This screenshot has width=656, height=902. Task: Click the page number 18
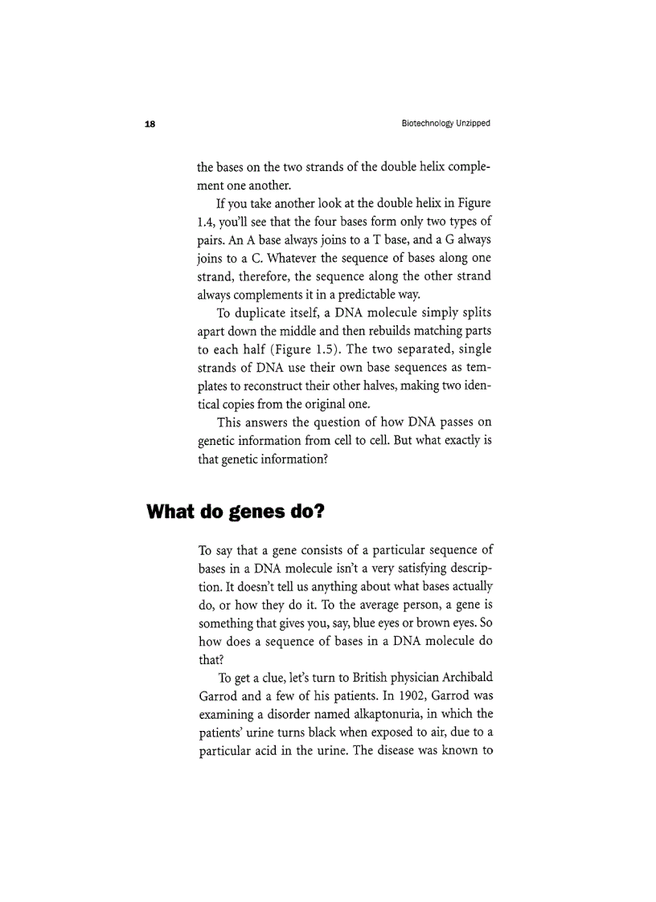(150, 124)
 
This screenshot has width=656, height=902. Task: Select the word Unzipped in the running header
(474, 124)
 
